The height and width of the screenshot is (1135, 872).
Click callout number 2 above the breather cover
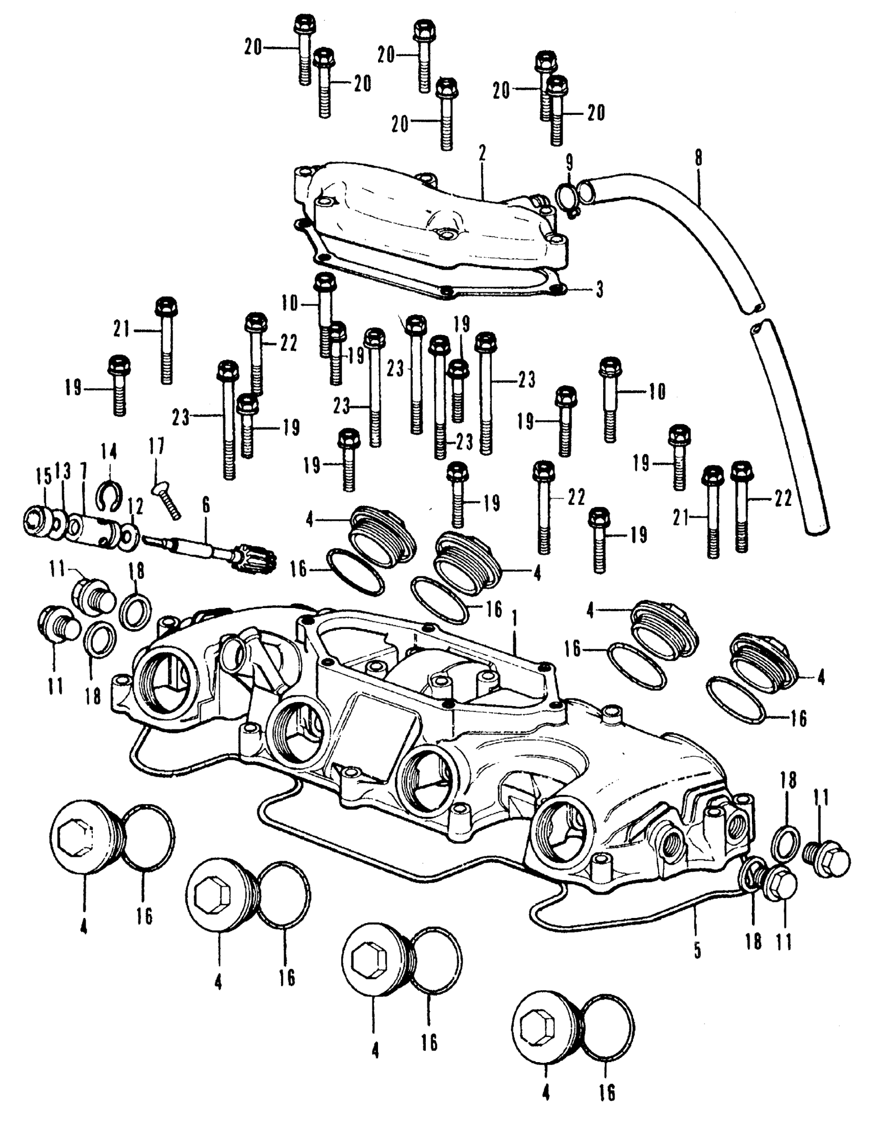pyautogui.click(x=482, y=154)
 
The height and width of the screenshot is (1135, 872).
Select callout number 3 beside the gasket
pyautogui.click(x=600, y=290)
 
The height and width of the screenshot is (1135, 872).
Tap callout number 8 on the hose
pyautogui.click(x=698, y=159)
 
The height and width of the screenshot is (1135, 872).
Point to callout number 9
pyautogui.click(x=569, y=163)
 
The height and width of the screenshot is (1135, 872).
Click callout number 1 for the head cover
pyautogui.click(x=514, y=618)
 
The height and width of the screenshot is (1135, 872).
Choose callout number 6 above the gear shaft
pyautogui.click(x=206, y=505)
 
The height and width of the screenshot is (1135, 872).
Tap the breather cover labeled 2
pyautogui.click(x=431, y=223)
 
